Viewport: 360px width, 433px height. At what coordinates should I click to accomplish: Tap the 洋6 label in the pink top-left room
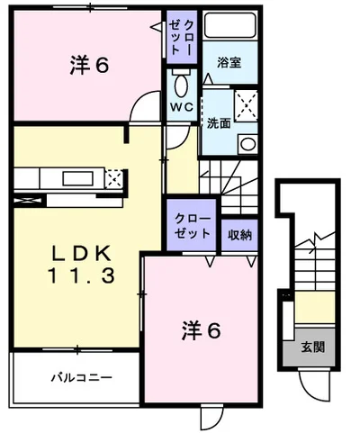coord(90,65)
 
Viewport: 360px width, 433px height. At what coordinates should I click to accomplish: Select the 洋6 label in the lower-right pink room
coord(202,331)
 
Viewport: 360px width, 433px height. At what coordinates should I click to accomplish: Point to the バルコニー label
coord(80,377)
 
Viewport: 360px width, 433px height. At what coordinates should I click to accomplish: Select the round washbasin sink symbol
coord(247,142)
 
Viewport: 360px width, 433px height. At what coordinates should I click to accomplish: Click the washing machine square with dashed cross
coord(247,104)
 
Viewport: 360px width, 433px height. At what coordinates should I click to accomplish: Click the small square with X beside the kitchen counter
coord(114,177)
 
